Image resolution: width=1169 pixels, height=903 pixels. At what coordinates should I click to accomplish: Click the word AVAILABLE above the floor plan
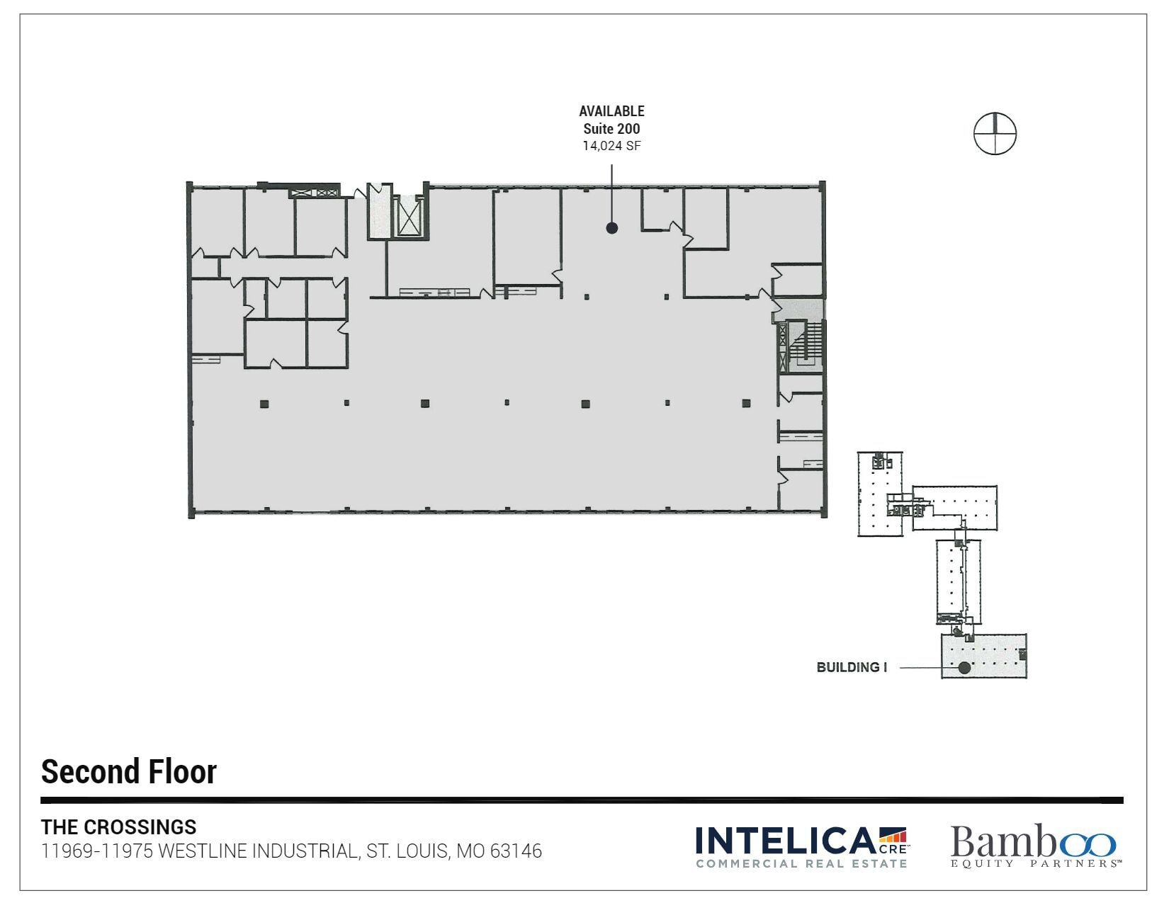(611, 111)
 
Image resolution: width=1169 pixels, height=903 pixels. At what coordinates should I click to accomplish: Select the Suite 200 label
(611, 129)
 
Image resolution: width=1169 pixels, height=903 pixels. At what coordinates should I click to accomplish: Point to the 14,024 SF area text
(611, 146)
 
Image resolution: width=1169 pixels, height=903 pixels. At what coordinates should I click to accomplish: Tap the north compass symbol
(995, 133)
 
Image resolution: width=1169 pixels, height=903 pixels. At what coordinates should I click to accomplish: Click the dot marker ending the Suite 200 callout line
(612, 228)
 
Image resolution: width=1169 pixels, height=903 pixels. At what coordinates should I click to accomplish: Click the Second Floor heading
(129, 771)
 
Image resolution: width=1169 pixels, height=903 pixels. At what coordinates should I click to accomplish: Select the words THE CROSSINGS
(119, 827)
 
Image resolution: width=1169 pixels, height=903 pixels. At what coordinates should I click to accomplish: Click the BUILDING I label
(852, 667)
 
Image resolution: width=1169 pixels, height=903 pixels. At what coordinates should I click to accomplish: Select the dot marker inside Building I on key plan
(964, 667)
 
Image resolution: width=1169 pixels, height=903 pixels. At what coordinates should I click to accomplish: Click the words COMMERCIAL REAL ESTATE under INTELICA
(801, 863)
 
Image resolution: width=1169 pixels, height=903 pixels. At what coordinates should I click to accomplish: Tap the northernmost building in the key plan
(880, 494)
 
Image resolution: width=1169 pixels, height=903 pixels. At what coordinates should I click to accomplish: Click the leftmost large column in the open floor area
(264, 404)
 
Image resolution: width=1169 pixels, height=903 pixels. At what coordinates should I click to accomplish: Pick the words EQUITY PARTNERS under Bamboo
(1036, 863)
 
